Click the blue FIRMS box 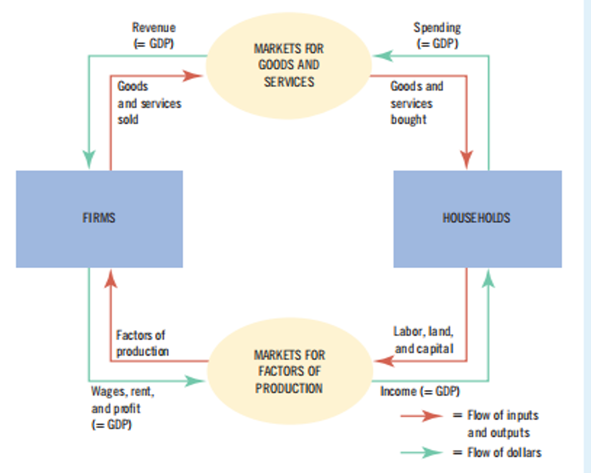99,219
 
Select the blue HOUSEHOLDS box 477,219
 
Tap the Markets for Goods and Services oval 288,65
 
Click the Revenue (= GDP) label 153,35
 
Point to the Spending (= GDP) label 437,35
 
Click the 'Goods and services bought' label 417,103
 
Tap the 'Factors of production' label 142,343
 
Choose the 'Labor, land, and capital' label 423,339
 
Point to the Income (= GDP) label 420,391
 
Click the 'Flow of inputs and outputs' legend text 503,424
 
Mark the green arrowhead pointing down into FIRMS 88,158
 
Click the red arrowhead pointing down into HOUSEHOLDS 466,159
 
